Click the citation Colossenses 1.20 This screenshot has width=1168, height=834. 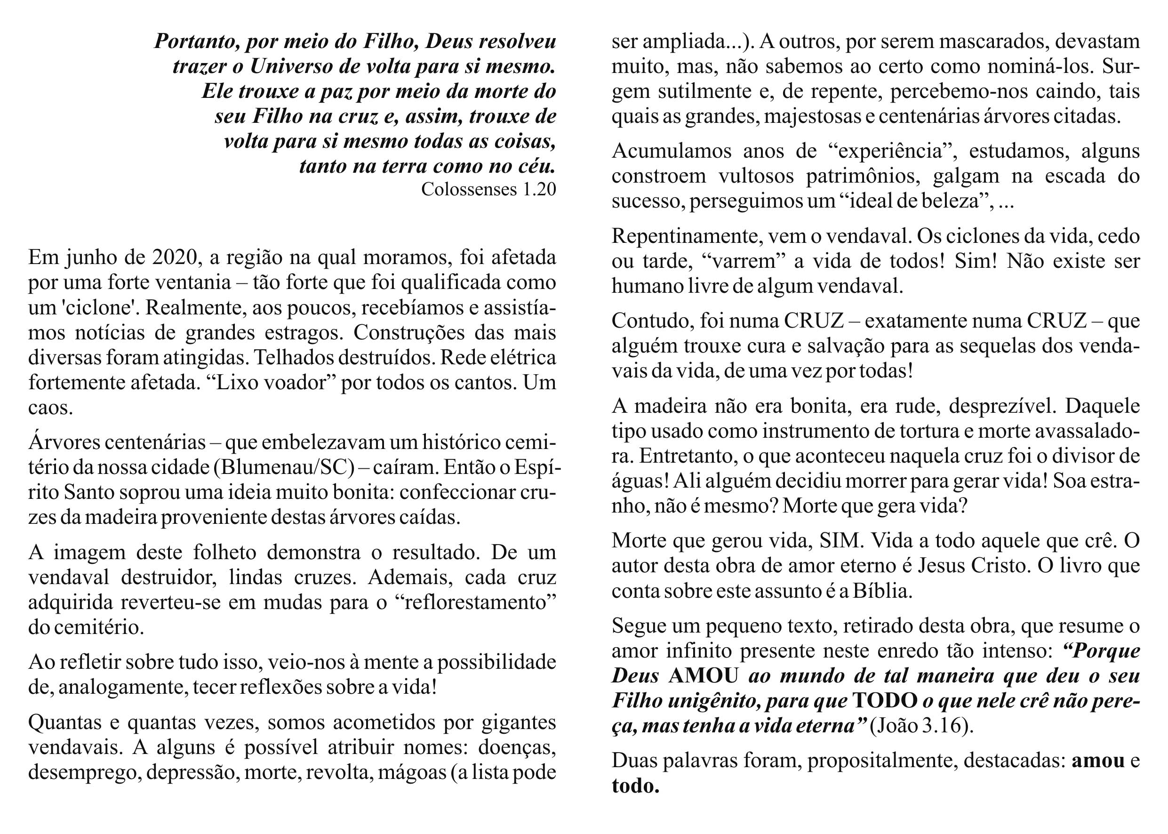pyautogui.click(x=488, y=190)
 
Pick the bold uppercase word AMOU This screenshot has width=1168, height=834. pyautogui.click(x=704, y=676)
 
